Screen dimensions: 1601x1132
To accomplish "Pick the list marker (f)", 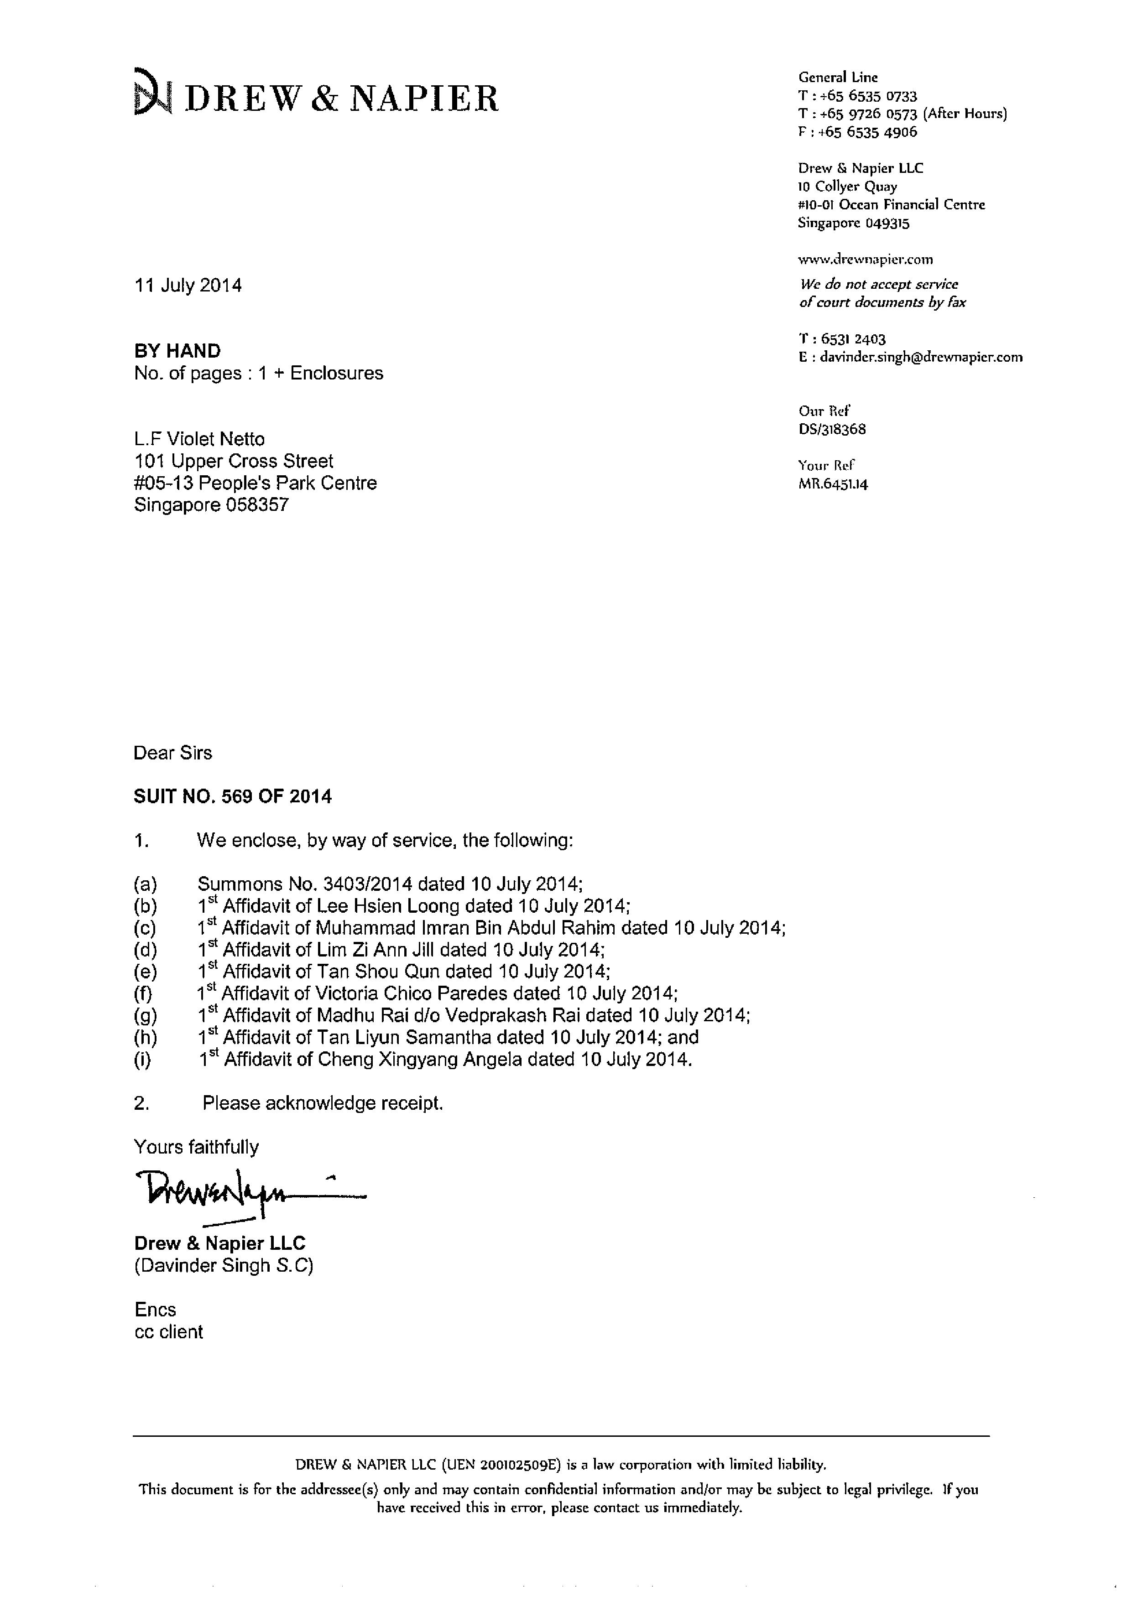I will (144, 993).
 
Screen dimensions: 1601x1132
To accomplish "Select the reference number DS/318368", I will (832, 430).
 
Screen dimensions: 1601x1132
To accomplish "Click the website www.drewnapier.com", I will (865, 260).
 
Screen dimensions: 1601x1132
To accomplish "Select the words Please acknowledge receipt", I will (322, 1103).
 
